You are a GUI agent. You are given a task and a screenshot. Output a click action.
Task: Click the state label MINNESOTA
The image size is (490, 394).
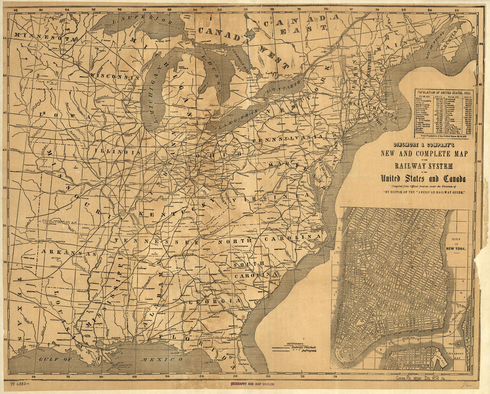click(x=43, y=36)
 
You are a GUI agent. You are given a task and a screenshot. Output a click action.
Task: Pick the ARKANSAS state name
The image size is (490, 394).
click(x=69, y=253)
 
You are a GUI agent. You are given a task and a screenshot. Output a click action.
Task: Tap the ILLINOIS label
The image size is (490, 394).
click(x=117, y=152)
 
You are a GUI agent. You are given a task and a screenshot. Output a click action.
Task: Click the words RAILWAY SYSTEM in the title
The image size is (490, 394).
click(x=423, y=166)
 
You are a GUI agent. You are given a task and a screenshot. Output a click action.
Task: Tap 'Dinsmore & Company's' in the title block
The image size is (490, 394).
click(x=423, y=145)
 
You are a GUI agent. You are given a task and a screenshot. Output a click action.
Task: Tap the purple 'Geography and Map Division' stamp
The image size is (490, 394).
click(x=252, y=384)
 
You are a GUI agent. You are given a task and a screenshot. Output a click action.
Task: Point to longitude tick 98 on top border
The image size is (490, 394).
click(x=16, y=9)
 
